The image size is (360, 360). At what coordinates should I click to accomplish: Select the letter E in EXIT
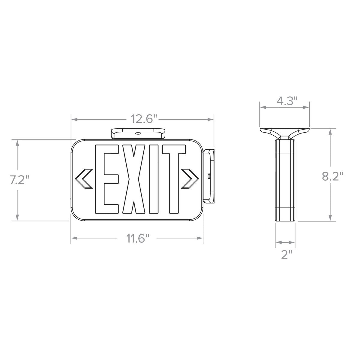pos(107,179)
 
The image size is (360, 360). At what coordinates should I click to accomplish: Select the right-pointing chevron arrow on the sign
pos(190,179)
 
